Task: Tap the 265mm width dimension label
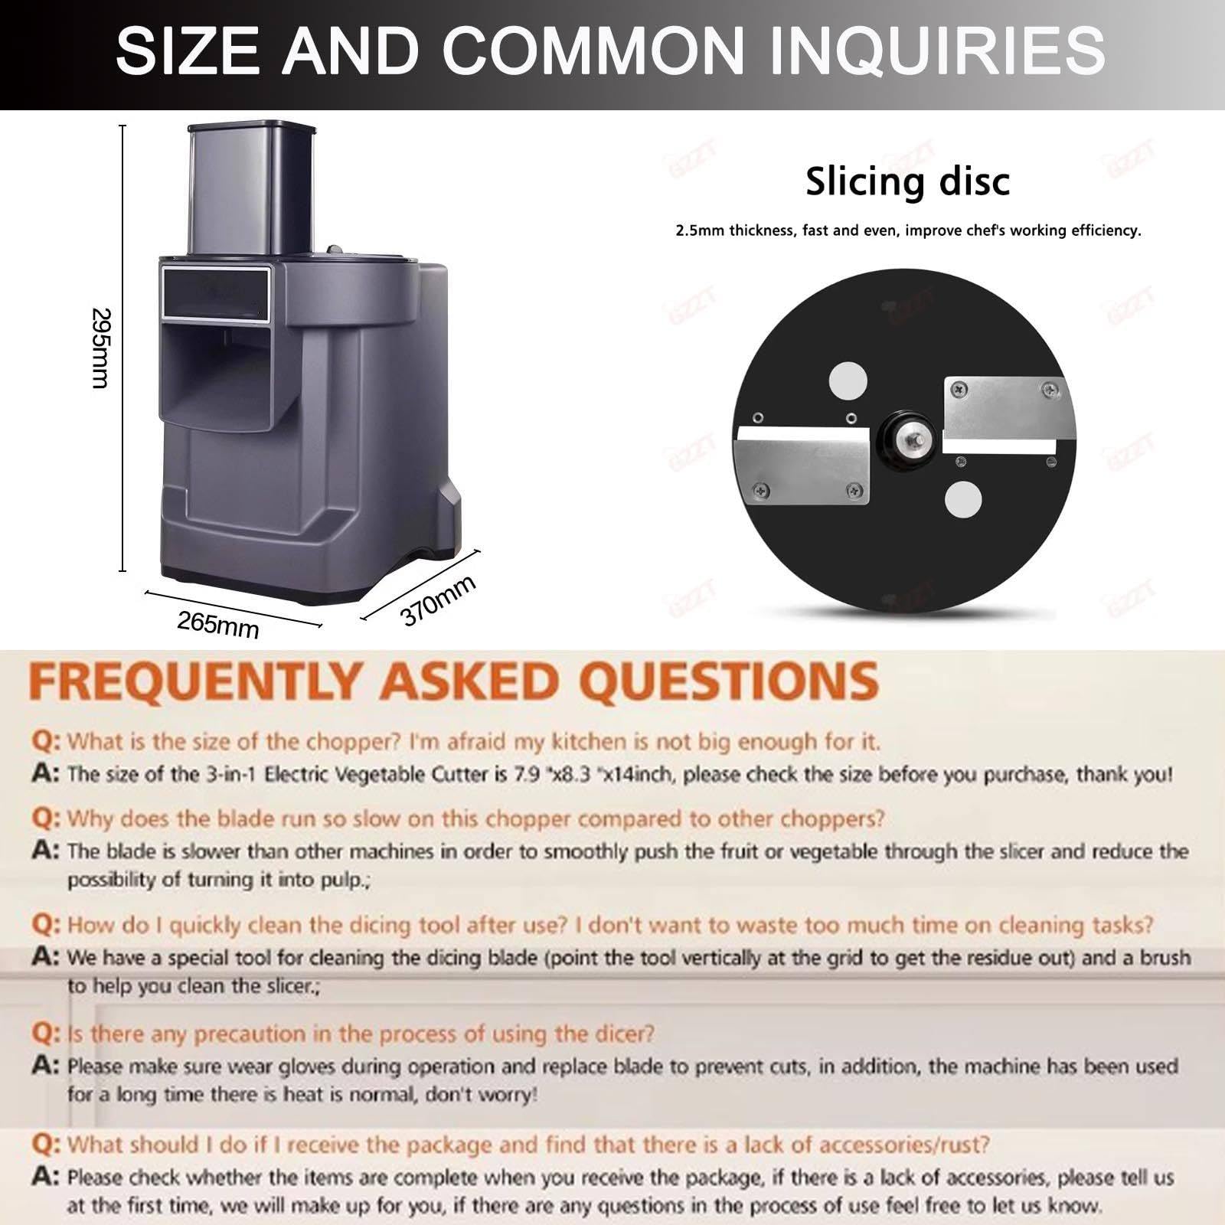point(218,626)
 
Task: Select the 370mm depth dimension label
point(438,600)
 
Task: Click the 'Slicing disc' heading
point(907,182)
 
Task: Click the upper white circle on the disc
point(848,381)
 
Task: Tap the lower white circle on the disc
point(963,500)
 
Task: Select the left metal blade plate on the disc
point(802,466)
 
